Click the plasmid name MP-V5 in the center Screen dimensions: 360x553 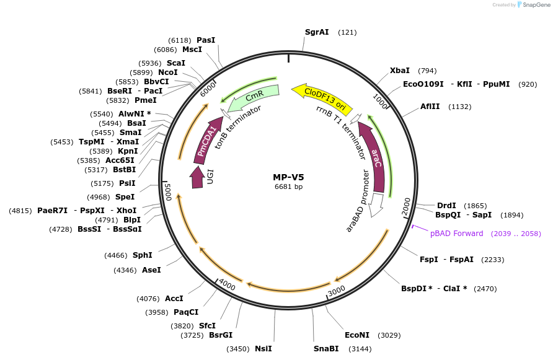(288, 177)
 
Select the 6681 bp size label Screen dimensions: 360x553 (288, 187)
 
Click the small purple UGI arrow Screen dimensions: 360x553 (197, 178)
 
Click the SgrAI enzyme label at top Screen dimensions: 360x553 (317, 32)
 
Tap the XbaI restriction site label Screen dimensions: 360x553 (400, 71)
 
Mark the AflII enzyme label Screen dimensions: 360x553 (430, 107)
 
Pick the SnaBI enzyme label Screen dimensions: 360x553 (325, 349)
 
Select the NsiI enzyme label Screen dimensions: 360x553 (263, 349)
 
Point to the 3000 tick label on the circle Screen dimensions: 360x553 (336, 291)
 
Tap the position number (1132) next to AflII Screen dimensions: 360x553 (459, 107)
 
